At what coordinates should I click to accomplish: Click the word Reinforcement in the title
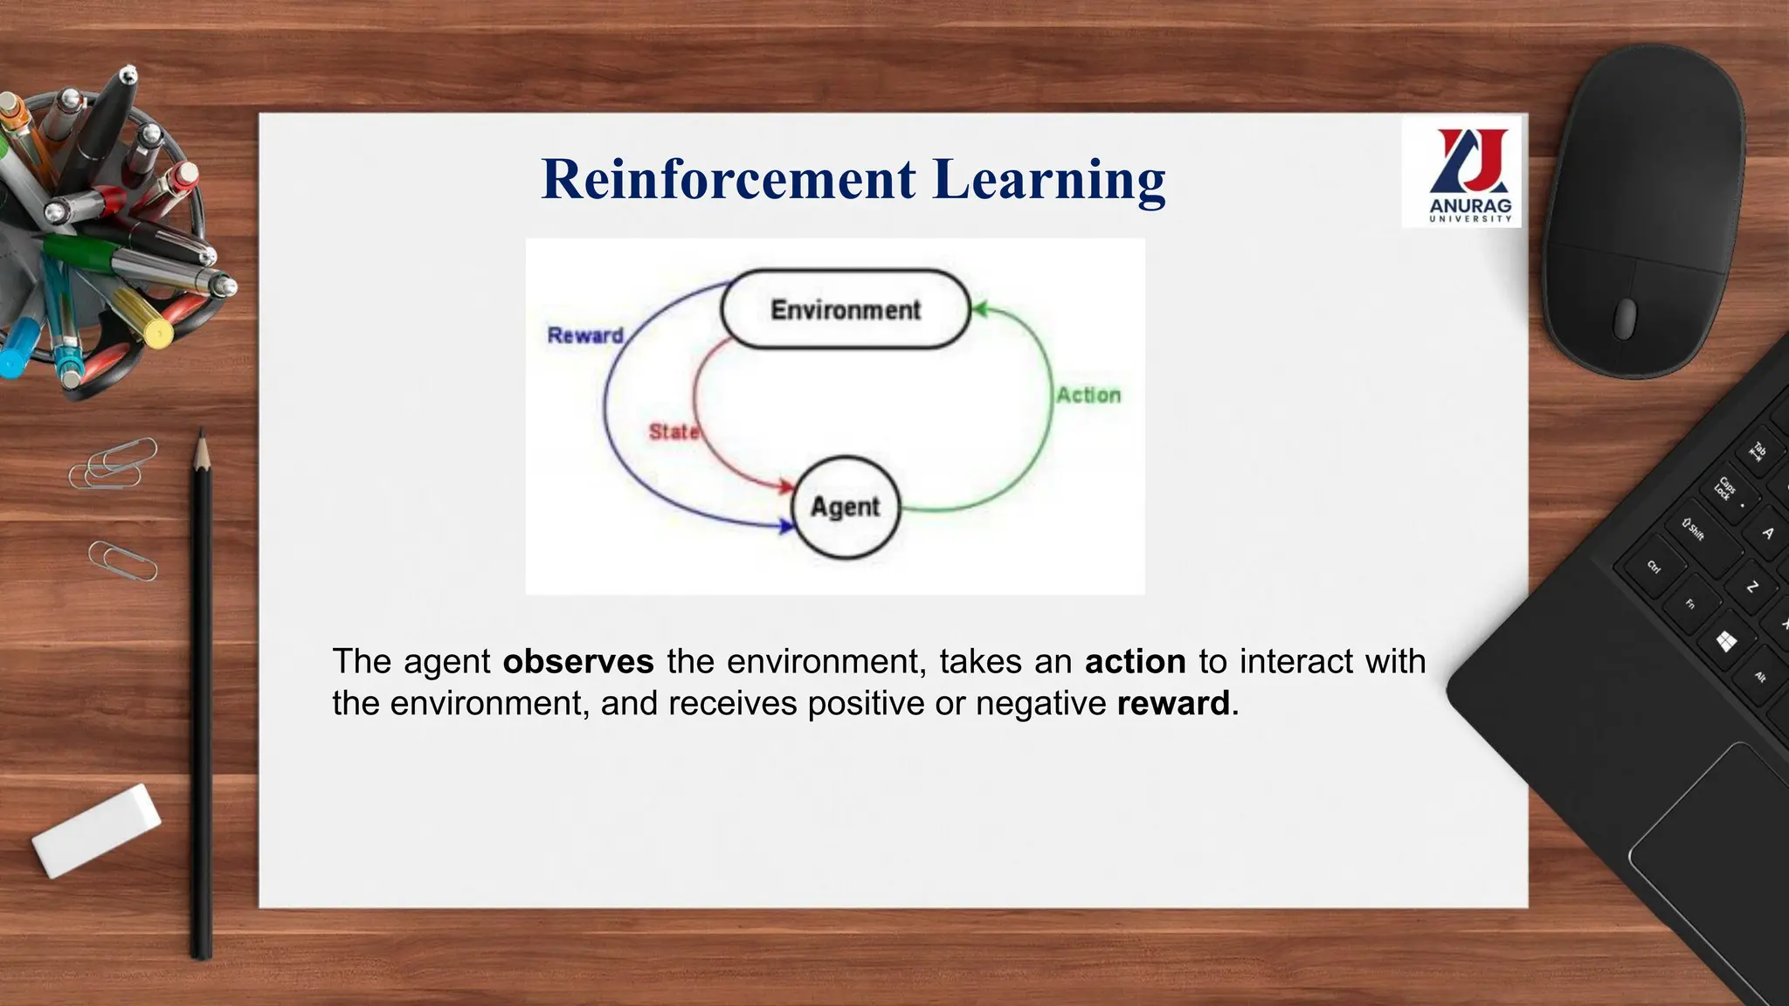pos(729,180)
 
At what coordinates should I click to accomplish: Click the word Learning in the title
pos(1048,180)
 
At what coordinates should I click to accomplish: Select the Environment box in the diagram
pos(845,310)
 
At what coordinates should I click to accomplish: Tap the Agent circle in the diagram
pos(845,507)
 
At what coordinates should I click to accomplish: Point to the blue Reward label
pos(584,335)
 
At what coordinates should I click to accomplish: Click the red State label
pos(673,431)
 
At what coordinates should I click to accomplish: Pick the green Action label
pos(1088,396)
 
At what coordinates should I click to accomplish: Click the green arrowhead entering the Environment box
pos(979,309)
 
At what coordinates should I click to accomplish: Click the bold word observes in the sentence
pos(578,662)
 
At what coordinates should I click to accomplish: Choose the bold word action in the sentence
pos(1135,662)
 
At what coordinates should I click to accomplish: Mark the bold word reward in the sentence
pos(1172,704)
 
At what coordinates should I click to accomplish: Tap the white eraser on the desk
pos(96,830)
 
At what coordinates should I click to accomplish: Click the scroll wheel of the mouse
pos(1625,319)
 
